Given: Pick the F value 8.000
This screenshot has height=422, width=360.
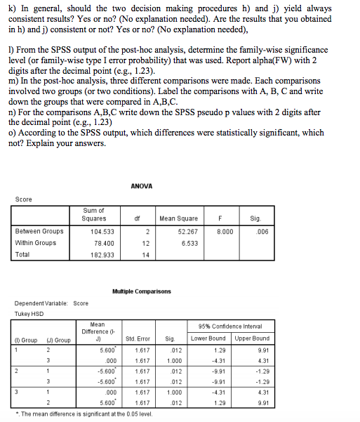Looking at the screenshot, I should tap(224, 230).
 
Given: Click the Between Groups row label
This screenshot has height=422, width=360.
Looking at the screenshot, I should tap(39, 230).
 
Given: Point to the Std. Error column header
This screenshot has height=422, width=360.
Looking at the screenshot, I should tap(139, 338).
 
